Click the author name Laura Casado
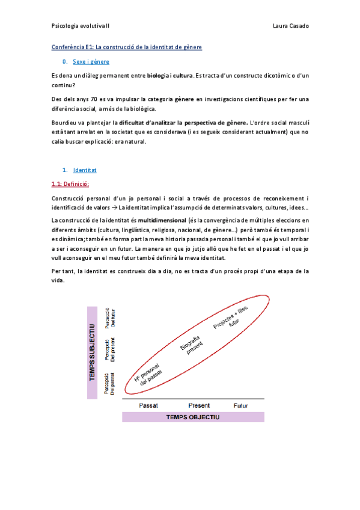[290, 26]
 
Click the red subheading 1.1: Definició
[70, 184]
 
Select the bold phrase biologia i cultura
[170, 76]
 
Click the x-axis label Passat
[148, 405]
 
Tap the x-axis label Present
[199, 405]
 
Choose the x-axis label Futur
[241, 405]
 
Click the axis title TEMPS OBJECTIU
[194, 417]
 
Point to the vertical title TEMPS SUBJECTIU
[93, 352]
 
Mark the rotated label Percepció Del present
[110, 349]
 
